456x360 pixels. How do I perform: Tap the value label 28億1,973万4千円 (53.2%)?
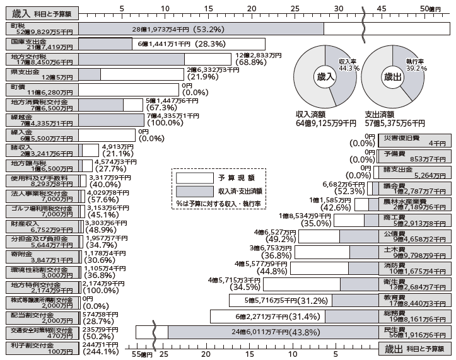coord(175,28)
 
